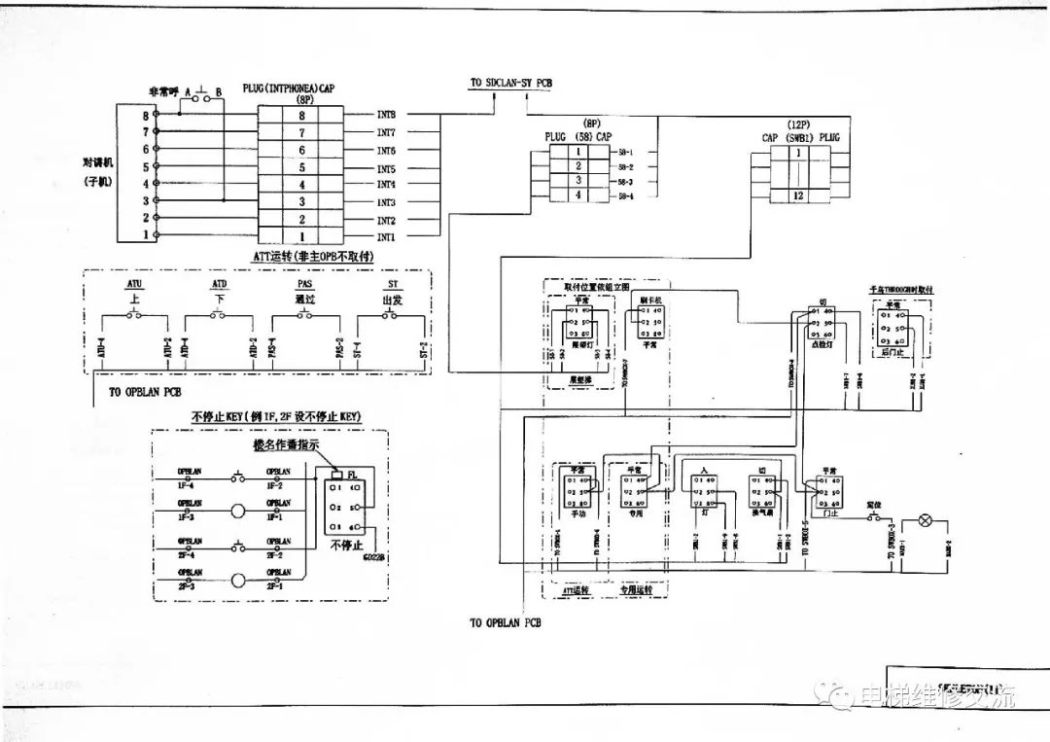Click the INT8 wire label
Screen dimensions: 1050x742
(386, 115)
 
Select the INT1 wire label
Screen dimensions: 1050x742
(386, 237)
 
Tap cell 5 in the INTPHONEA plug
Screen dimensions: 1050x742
(302, 167)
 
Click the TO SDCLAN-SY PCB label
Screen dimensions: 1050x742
(510, 84)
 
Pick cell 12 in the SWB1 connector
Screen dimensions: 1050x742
(798, 196)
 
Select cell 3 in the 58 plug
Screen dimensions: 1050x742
(579, 181)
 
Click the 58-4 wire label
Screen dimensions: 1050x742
(625, 197)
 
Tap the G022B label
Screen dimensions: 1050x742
(373, 558)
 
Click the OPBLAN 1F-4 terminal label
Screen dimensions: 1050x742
(190, 477)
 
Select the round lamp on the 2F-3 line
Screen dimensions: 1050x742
(237, 583)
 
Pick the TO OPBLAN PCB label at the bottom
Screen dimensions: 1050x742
(506, 622)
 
